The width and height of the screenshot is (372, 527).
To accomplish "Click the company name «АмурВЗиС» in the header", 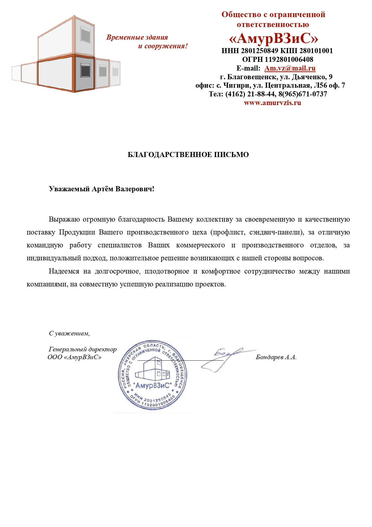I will click(273, 39).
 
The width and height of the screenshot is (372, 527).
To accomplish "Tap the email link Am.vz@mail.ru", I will click(290, 68).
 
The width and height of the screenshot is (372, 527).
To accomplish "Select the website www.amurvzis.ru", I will click(272, 103).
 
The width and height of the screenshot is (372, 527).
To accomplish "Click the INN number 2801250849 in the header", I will click(259, 51).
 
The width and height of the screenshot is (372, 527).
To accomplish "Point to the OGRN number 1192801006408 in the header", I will click(289, 59).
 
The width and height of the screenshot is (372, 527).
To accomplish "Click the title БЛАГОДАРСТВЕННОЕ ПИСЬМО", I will click(188, 155).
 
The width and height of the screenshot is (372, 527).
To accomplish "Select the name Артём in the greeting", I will click(103, 189).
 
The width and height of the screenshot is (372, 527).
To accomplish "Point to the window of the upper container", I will click(85, 35).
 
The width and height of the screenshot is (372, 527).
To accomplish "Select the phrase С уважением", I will click(69, 333).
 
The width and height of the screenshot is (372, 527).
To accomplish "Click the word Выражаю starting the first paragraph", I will click(64, 219).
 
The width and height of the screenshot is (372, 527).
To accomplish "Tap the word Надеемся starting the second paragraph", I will click(64, 271).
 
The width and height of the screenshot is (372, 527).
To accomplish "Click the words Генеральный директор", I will click(83, 349).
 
